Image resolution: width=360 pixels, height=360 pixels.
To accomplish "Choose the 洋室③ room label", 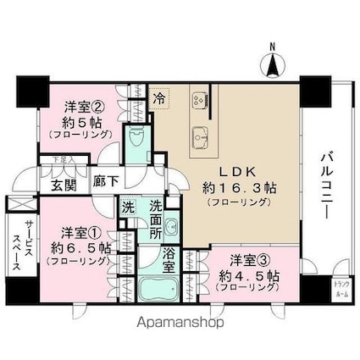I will pos(243,258).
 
